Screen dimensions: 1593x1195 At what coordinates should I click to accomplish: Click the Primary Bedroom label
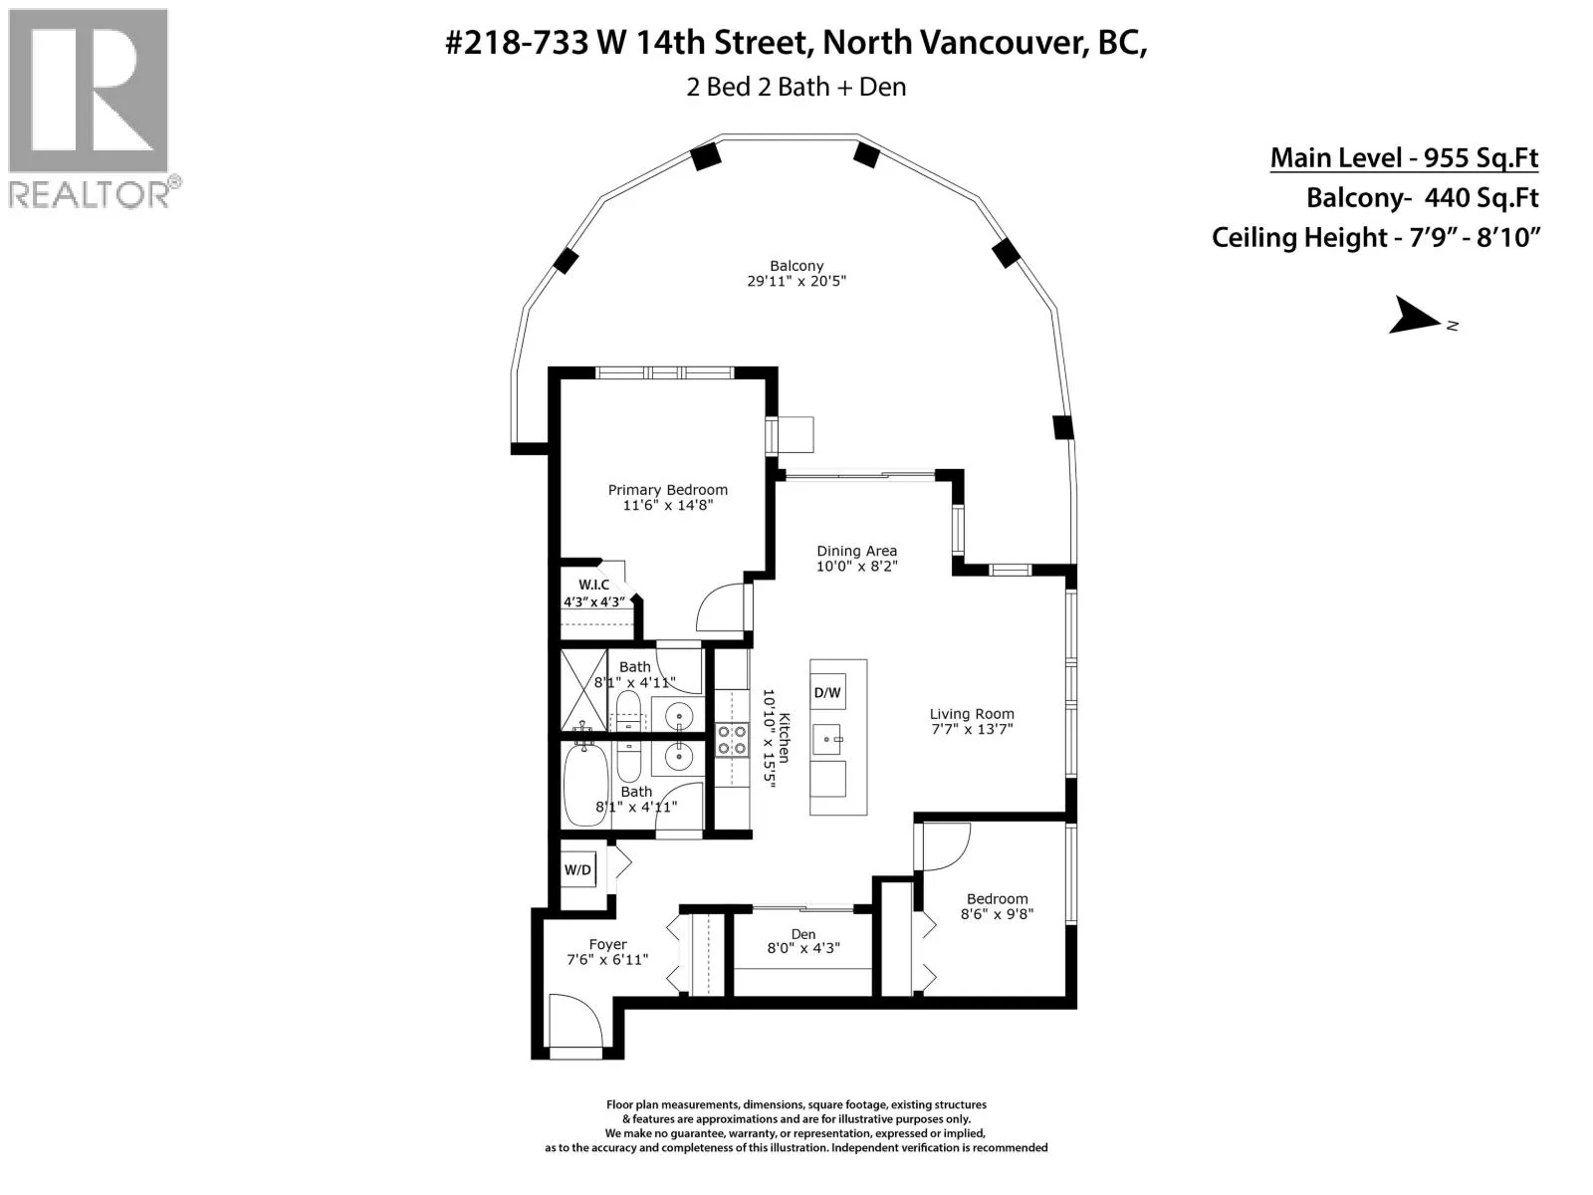[667, 490]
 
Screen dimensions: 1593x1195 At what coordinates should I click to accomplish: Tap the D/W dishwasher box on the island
[827, 692]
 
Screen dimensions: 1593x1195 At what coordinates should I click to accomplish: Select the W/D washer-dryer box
[577, 869]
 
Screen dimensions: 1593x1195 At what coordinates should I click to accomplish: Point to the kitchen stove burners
[732, 740]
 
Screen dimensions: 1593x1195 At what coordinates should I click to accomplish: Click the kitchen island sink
[827, 739]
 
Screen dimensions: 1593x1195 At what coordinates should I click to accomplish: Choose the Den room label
[803, 934]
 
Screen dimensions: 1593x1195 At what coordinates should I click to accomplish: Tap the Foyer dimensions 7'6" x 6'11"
[607, 959]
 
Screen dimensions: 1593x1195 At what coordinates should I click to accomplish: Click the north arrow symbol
[1415, 317]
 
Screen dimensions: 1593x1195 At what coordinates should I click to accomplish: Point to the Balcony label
[796, 266]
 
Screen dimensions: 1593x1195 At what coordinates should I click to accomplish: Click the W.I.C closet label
[593, 585]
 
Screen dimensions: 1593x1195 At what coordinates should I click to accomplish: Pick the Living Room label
[972, 714]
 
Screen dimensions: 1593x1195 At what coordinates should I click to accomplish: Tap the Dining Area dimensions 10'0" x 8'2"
[857, 566]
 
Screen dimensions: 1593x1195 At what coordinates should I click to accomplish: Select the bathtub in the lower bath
[585, 785]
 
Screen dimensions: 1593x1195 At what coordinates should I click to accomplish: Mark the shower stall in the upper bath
[584, 689]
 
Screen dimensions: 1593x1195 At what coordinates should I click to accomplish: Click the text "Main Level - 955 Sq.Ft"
[1404, 157]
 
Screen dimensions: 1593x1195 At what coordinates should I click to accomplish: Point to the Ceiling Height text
[1375, 237]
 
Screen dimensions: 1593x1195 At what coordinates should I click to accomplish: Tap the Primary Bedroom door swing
[720, 606]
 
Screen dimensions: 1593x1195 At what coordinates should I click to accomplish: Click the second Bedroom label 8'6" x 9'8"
[997, 906]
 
